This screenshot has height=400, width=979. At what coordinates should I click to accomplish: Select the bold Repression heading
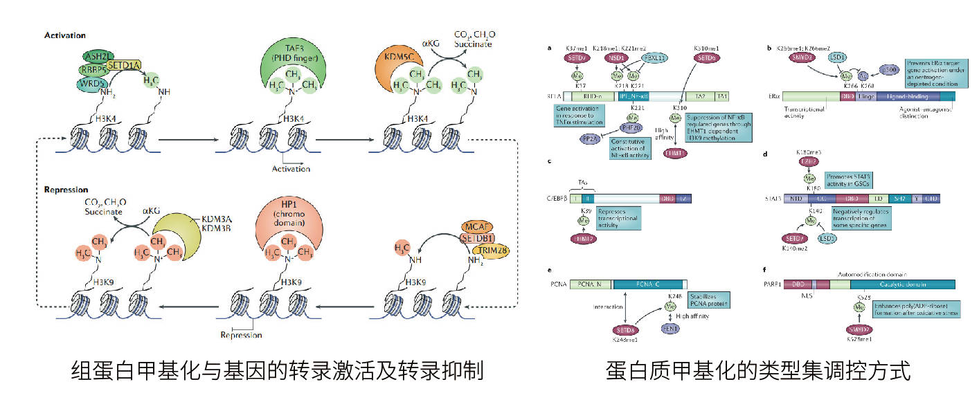tap(66, 189)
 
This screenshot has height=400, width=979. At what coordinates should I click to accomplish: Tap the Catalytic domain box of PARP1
tap(902, 284)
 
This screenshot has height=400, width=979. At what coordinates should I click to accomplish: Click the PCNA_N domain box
tap(591, 284)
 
